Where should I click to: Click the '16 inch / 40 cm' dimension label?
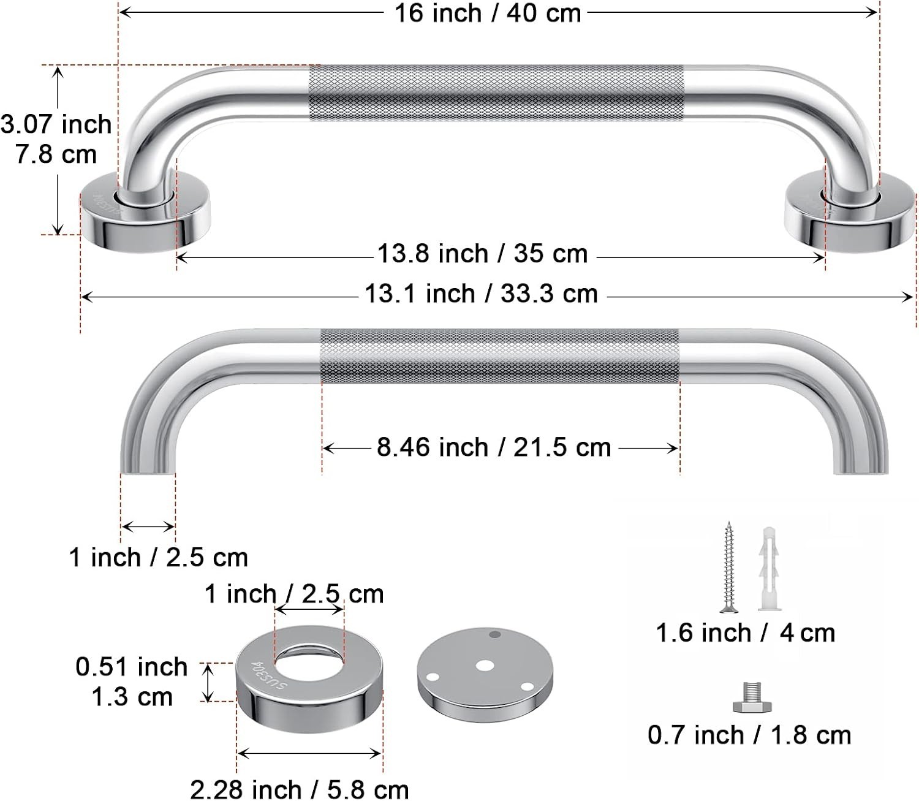pos(488,13)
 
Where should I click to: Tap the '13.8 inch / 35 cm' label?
pos(482,254)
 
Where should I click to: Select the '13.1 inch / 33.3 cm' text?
pos(481,294)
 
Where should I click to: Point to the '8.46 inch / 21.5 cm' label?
pos(494,447)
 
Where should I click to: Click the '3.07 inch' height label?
pos(56,124)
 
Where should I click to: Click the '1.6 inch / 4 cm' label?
pos(745,633)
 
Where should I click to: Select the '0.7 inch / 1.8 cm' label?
pos(749,735)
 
